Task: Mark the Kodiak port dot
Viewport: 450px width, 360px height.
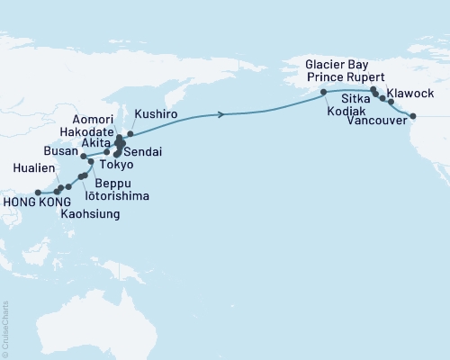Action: [323, 93]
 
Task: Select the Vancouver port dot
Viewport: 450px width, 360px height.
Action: [413, 116]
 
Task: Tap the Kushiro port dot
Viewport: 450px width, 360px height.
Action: [130, 133]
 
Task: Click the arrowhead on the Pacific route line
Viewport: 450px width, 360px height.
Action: [221, 114]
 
